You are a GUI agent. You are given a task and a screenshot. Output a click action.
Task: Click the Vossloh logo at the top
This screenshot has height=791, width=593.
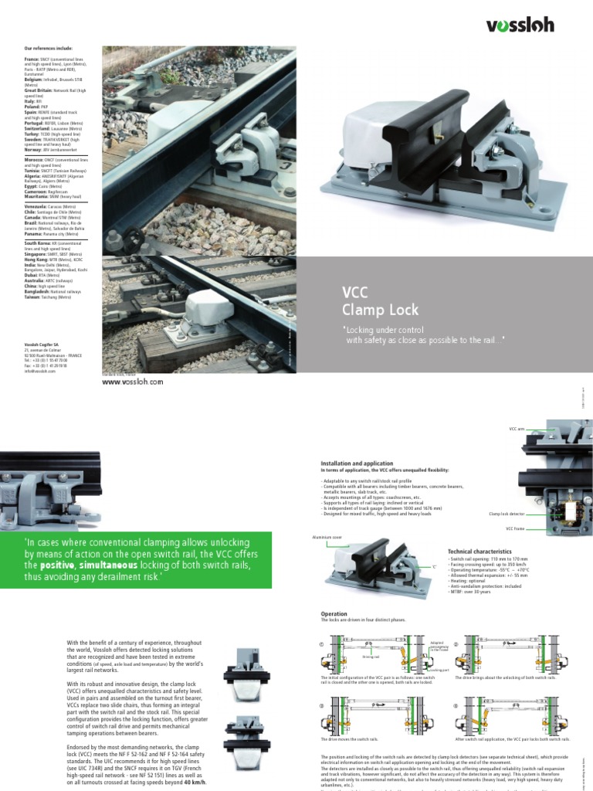(520, 25)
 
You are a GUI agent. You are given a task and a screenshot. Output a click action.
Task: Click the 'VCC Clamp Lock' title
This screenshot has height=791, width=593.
(375, 302)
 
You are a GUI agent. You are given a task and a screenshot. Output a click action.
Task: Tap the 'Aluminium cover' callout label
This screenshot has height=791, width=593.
(327, 535)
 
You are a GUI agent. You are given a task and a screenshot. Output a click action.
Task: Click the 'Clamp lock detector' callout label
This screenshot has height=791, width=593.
(507, 513)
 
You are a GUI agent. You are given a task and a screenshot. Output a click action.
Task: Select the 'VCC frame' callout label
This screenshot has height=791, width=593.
(515, 530)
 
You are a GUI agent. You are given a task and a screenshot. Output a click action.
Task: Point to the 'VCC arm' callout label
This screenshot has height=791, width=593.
(517, 426)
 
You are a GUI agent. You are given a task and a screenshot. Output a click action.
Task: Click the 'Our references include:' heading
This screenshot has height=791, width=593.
(48, 48)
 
